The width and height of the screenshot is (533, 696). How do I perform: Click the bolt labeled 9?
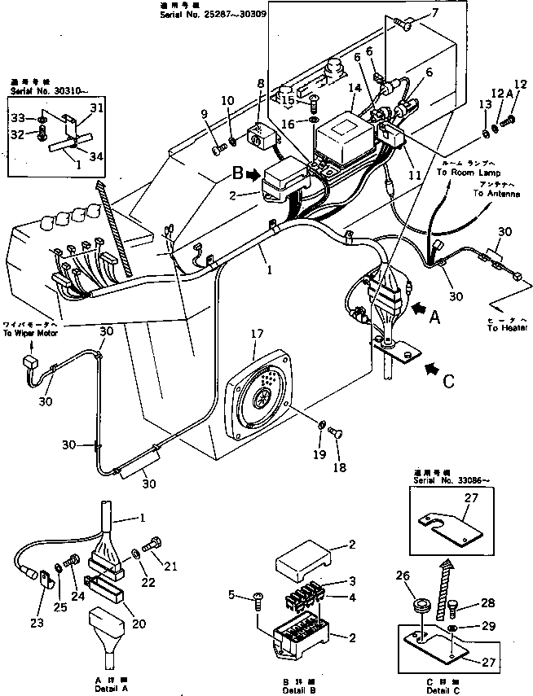click(217, 149)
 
